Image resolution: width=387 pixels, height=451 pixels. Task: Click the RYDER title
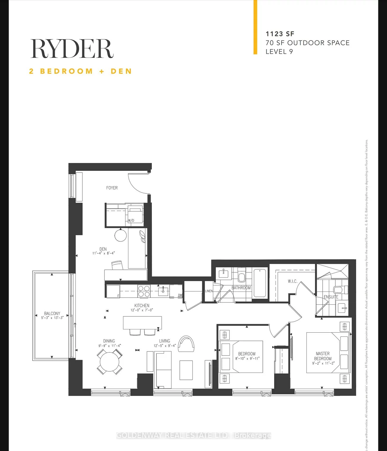tap(72, 49)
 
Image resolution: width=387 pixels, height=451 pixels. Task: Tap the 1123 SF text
tap(280, 34)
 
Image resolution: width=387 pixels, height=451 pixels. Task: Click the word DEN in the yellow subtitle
tap(121, 71)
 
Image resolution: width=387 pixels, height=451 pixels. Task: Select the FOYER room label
tap(112, 188)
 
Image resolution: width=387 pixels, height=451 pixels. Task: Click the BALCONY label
tap(52, 313)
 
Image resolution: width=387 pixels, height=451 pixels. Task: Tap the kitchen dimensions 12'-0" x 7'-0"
tap(142, 310)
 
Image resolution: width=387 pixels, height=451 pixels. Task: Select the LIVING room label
tap(164, 341)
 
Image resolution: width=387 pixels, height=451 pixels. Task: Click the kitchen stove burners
tap(144, 291)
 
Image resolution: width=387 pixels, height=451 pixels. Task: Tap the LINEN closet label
tap(209, 291)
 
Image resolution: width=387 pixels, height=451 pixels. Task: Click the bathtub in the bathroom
tap(260, 283)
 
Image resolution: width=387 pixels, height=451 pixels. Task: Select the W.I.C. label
tap(292, 281)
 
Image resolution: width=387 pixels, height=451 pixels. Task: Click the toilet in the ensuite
tap(339, 289)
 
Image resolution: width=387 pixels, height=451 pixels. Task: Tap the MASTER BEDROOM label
tap(323, 356)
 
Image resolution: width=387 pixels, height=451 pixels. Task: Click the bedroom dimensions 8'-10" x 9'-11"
tap(247, 359)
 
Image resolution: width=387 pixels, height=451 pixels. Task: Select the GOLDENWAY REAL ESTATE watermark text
tap(193, 435)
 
